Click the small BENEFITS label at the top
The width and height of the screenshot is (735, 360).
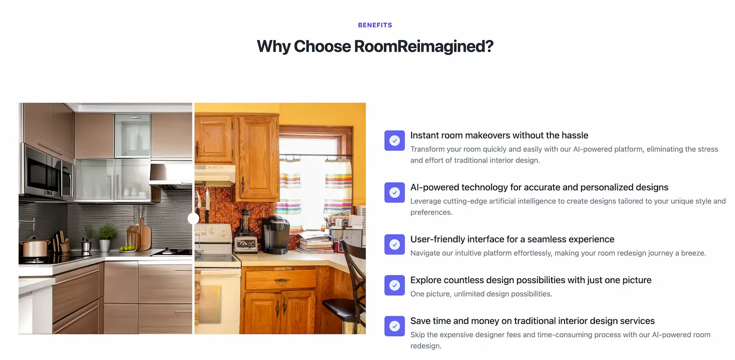point(375,25)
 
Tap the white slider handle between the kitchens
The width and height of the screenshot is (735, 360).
point(193,218)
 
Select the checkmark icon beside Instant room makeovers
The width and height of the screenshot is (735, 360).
point(394,141)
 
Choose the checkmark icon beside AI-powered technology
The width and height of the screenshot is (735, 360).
point(394,192)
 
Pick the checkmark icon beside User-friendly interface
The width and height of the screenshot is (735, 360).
point(394,244)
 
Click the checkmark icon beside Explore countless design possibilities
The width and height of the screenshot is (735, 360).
point(394,285)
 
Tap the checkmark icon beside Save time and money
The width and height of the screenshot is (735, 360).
point(394,326)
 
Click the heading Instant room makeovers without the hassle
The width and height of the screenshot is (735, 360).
point(499,136)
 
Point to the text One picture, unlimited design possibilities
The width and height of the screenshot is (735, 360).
point(481,294)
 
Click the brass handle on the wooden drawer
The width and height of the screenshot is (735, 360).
point(281,281)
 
